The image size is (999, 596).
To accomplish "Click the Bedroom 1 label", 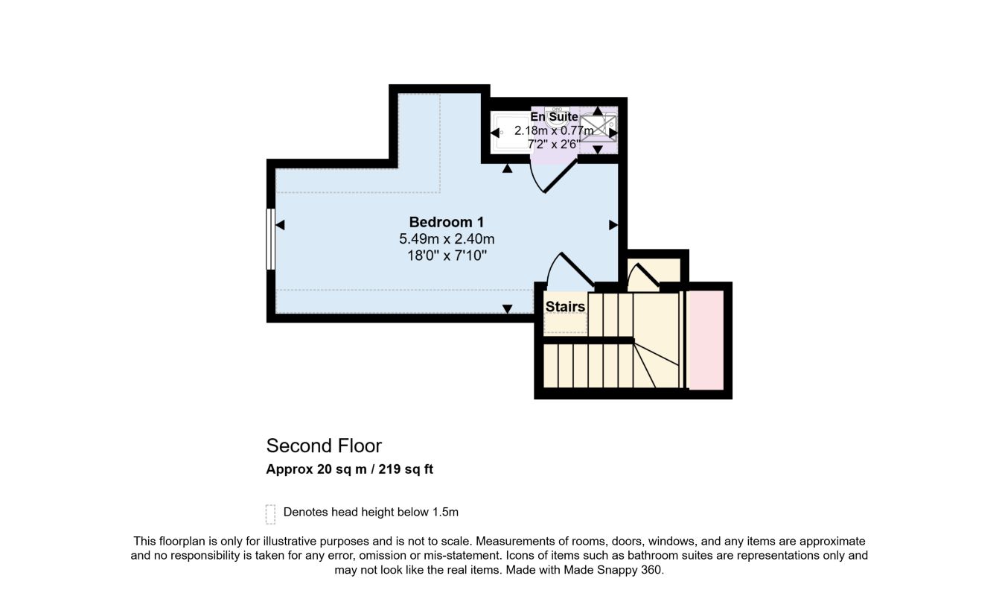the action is pos(447,222).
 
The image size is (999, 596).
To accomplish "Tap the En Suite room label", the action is pos(554,116).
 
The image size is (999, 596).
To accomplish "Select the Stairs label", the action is pos(565,307).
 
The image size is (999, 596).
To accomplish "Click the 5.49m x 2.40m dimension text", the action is pos(447,239).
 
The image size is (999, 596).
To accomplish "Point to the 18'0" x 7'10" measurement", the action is pos(447,256).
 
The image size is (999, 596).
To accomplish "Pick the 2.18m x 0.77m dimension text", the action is pos(554,130).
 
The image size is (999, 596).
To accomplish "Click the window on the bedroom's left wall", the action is pos(270,239).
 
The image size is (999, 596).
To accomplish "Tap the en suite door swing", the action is pos(552,177).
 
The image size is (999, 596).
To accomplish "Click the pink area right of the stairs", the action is pos(706,340).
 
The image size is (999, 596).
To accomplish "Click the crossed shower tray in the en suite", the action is pos(598,129).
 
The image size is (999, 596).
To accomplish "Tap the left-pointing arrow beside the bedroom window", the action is pos(280,225).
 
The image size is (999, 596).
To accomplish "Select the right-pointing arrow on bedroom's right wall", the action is pos(613,225).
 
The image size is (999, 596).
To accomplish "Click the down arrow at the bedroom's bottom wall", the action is pos(507,308).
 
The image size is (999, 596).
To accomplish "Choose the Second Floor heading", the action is pos(324,446).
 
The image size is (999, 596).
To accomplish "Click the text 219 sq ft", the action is pos(406,469).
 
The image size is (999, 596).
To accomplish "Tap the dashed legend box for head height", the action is pos(270,514).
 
